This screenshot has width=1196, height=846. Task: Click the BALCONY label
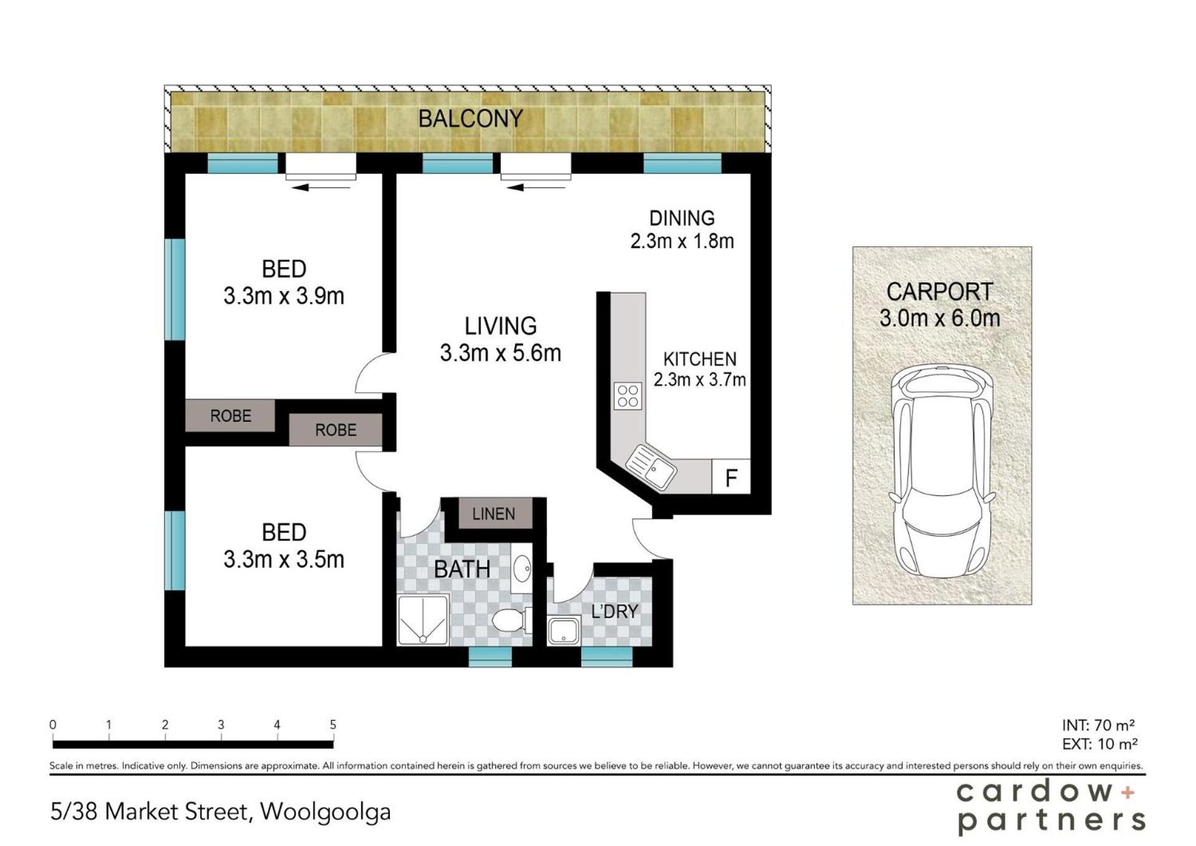point(470,118)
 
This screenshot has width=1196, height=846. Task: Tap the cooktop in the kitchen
point(628,396)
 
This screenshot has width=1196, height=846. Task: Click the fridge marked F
point(731,477)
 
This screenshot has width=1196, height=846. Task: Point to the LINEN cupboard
point(494,514)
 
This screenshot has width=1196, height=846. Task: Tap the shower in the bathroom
point(423,620)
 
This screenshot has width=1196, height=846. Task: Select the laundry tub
point(564,630)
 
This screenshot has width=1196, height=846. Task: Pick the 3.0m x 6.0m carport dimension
point(939,318)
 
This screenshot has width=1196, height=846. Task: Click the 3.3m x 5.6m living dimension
point(500,353)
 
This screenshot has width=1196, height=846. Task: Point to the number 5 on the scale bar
point(333,725)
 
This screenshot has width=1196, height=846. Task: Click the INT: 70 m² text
point(1098,725)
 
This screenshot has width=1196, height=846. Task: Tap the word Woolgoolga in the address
point(326,812)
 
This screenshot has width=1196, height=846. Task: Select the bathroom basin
point(522,568)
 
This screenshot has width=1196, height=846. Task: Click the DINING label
point(682,218)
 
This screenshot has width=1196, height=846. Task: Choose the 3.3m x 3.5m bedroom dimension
point(283,559)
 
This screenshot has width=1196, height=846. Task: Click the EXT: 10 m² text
point(1100,744)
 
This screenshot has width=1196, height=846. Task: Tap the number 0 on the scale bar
point(53,725)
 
